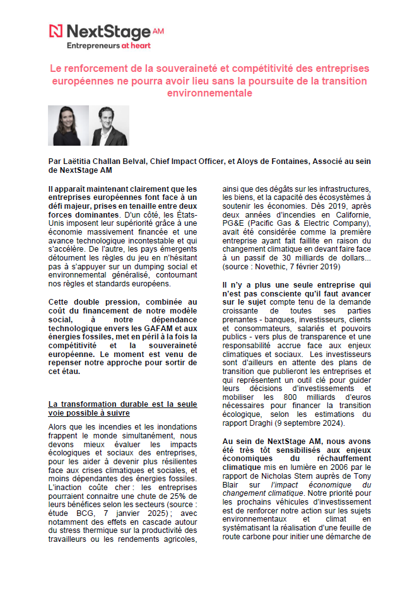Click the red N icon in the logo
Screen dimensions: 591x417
[x=56, y=31]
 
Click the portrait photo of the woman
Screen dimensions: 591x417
[x=69, y=126]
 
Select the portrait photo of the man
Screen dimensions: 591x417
[x=109, y=126]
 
